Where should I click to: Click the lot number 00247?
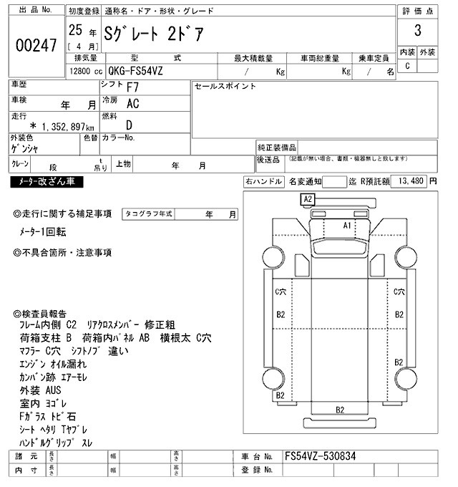point(35,45)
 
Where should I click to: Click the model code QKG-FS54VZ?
point(147,72)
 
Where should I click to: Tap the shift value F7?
point(133,88)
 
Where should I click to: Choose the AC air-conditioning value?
point(133,103)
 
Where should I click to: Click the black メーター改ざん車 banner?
point(47,183)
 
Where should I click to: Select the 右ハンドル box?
point(264,182)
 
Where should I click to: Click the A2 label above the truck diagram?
point(308,198)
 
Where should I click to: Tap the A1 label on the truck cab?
point(348,225)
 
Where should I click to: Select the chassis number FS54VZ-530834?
point(320,456)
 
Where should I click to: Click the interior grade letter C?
point(407,66)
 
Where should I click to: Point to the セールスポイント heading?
point(225,86)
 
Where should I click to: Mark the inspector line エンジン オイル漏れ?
point(54,364)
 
